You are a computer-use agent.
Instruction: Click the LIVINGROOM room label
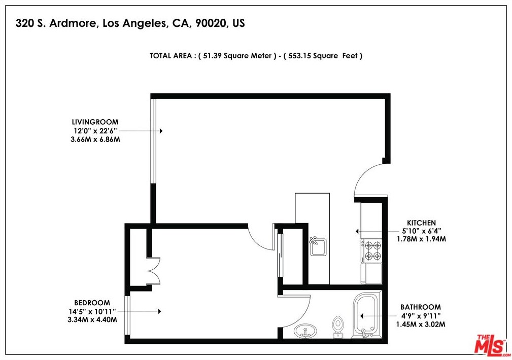pos(95,122)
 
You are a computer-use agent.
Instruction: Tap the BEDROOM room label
pos(92,303)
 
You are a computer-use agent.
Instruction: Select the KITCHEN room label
pos(421,223)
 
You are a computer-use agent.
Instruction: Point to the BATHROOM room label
pos(421,307)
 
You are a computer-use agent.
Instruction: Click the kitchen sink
pos(318,247)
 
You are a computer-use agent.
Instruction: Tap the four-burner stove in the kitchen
pos(371,250)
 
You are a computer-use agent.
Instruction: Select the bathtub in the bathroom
pos(367,315)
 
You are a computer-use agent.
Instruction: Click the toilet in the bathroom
pos(338,327)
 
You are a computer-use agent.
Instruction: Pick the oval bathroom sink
pos(305,331)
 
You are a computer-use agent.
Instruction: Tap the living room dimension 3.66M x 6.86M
pos(95,139)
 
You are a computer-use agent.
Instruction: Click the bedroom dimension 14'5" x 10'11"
pos(92,311)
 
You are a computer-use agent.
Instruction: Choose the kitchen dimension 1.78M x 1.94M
pos(421,239)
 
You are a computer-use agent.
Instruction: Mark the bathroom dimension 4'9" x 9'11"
pos(421,316)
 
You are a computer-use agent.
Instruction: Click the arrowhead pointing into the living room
pos(161,131)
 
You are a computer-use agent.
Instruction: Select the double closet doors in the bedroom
pos(153,271)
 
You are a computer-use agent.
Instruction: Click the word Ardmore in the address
pos(74,23)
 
